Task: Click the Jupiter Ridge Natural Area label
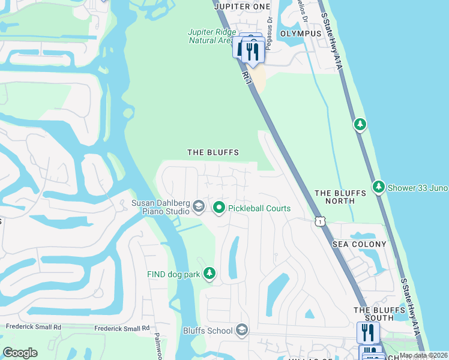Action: tap(210, 36)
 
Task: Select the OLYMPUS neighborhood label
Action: tap(301, 34)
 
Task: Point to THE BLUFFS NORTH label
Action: tap(340, 197)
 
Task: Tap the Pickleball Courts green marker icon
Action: tap(219, 208)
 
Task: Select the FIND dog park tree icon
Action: tap(209, 274)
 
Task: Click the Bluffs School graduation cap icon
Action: tap(241, 330)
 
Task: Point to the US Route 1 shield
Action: tap(321, 222)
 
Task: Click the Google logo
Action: tap(20, 353)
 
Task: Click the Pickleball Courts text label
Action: tap(259, 208)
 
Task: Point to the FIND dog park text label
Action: tap(173, 274)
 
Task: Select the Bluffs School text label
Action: tap(208, 331)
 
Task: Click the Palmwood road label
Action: tap(158, 347)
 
